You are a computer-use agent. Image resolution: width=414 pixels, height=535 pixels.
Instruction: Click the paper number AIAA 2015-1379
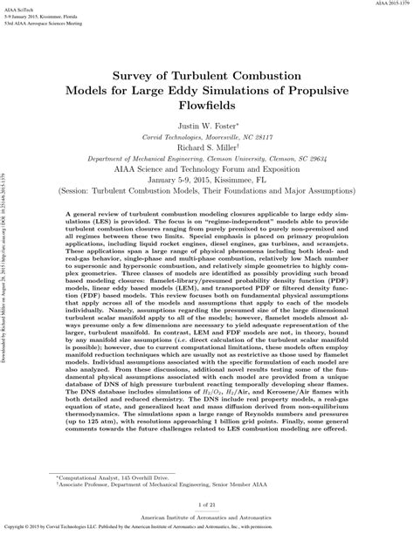385,4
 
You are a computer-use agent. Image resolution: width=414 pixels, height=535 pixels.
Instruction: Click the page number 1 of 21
207,505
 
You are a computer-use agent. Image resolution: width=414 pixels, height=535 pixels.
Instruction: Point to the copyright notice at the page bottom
207,529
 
